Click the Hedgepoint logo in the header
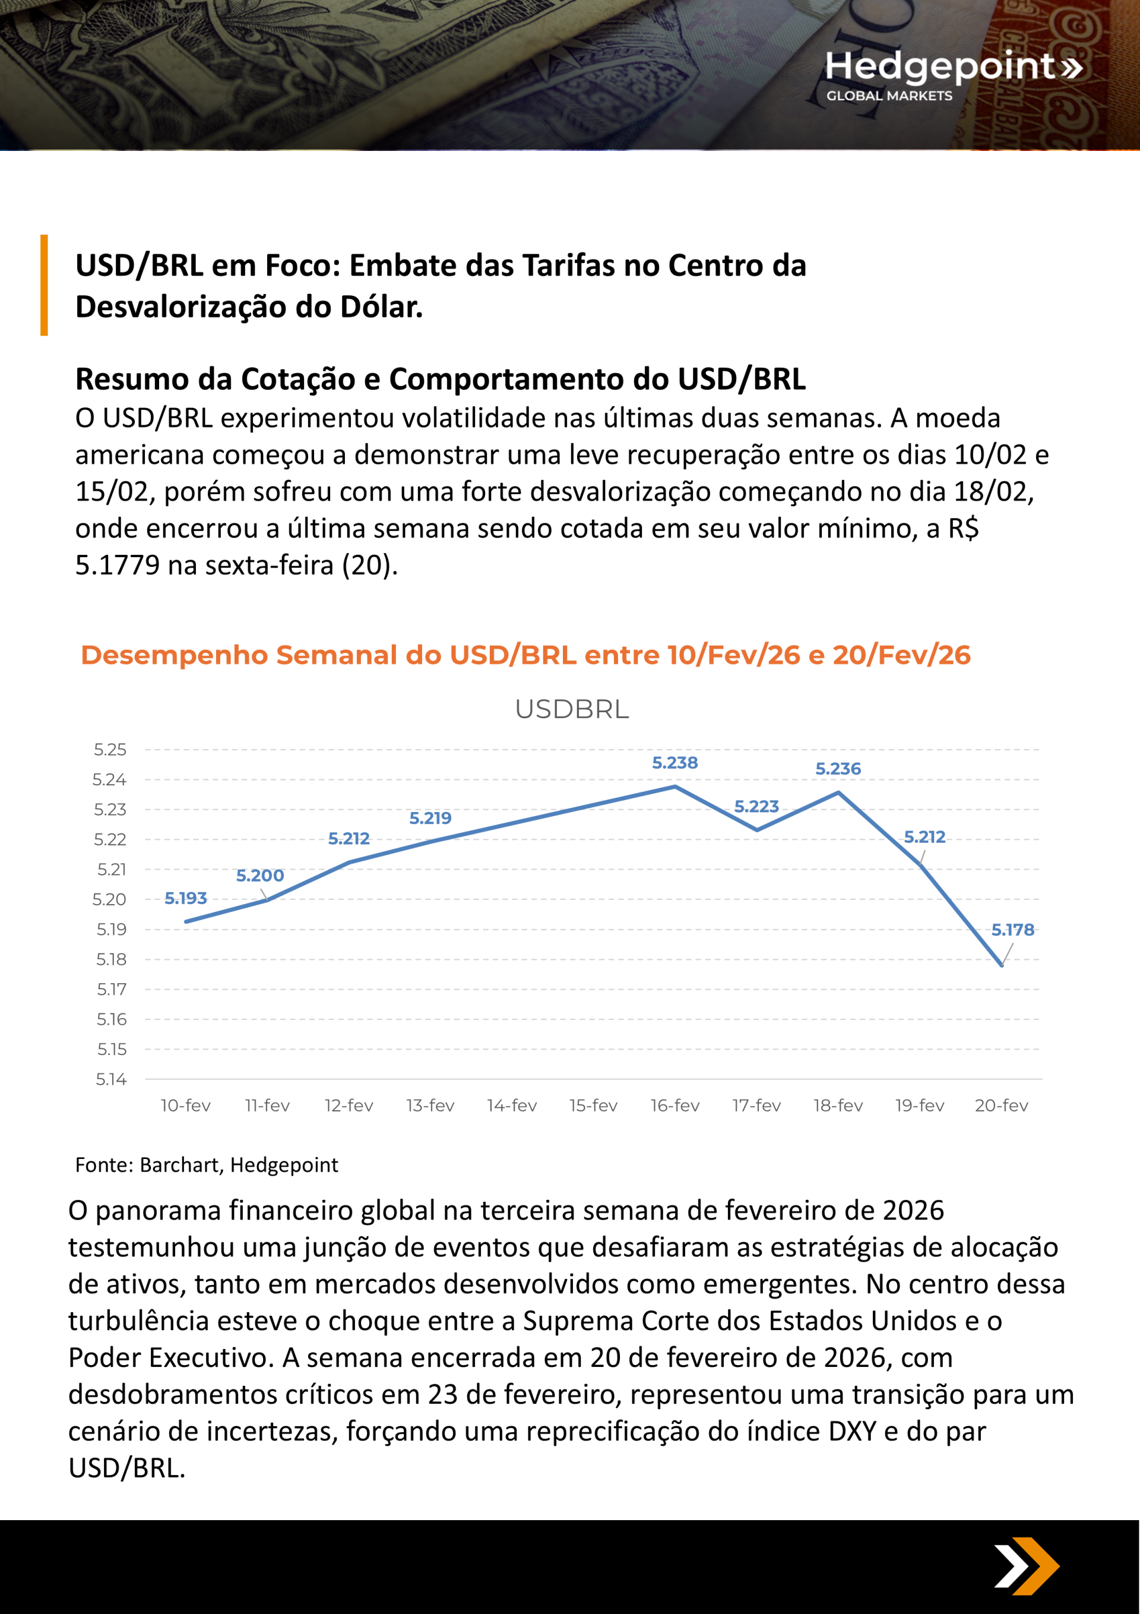click(952, 74)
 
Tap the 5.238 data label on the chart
click(674, 763)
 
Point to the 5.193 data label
click(186, 898)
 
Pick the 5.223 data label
click(756, 806)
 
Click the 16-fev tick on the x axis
click(674, 1106)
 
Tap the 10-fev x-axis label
click(186, 1106)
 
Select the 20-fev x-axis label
click(1001, 1106)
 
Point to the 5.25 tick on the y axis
click(110, 749)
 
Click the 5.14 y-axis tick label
click(111, 1079)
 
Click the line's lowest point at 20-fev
click(1002, 965)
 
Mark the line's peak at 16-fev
click(674, 786)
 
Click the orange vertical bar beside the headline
click(45, 285)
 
